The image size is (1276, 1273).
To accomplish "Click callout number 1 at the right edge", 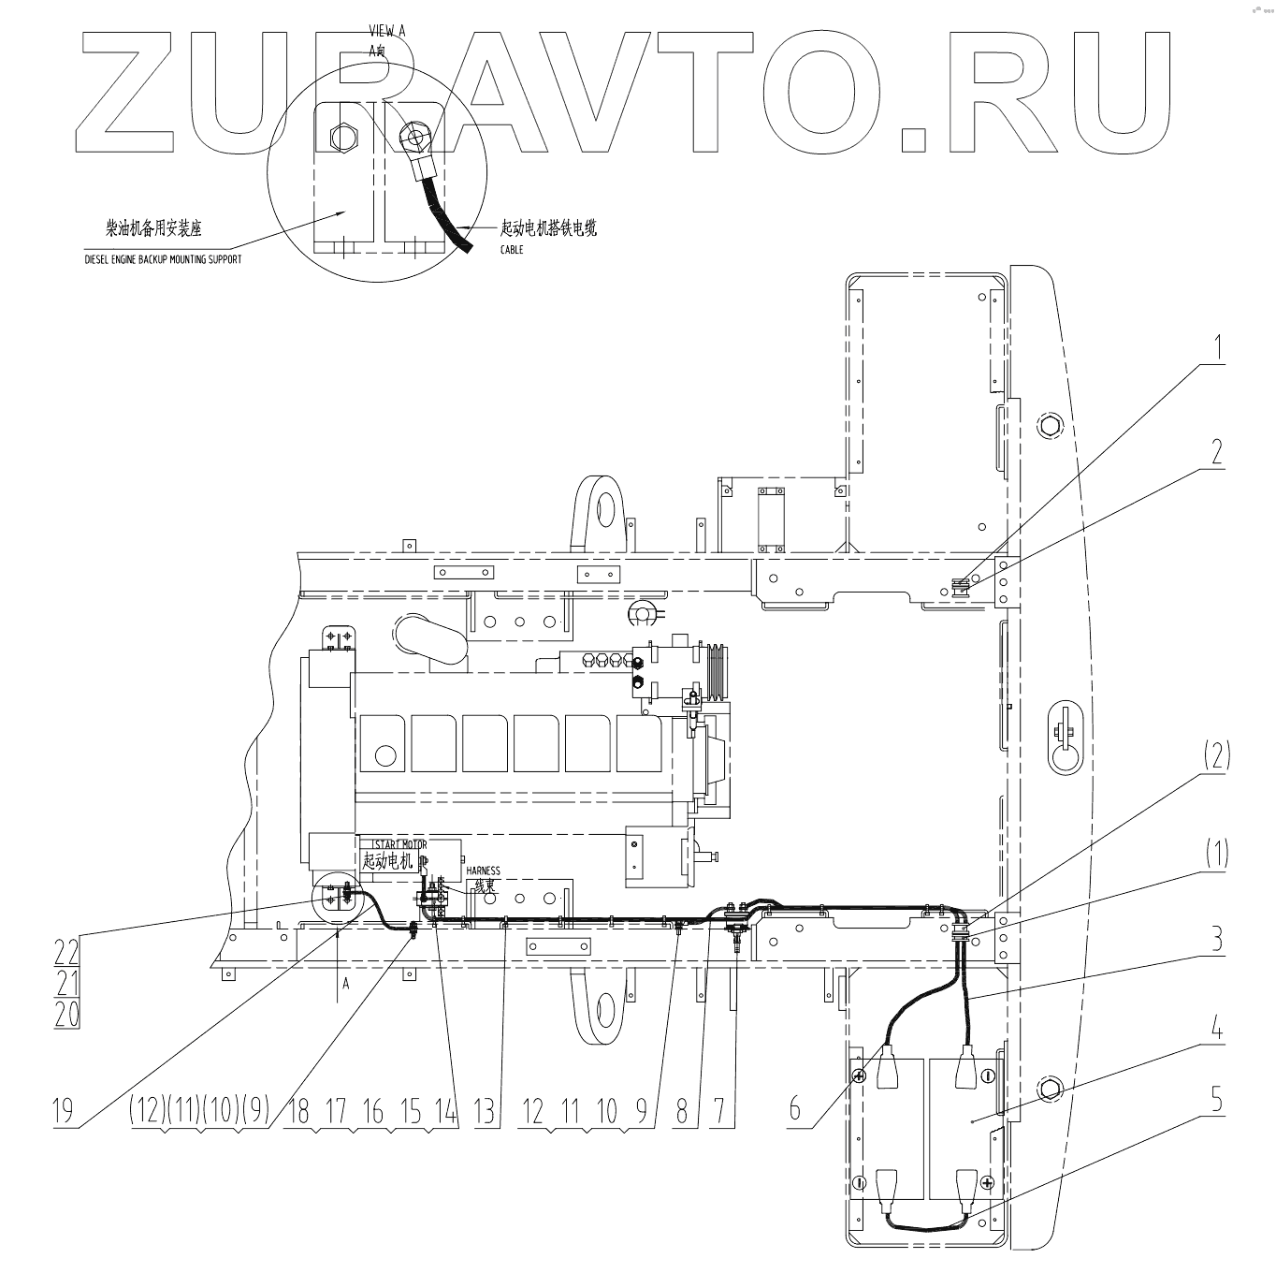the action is (1217, 348).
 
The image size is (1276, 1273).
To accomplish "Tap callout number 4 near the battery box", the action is (1216, 1032).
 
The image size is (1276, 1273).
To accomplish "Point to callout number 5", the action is (1216, 1101).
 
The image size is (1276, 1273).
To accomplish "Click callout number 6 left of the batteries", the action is (794, 1108).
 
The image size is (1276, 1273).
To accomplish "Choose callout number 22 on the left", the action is (66, 952).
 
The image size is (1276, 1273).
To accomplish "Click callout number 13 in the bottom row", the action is (484, 1111).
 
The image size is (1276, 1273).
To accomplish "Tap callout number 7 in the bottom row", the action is (718, 1111).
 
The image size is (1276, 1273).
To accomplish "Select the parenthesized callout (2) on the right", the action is (1216, 755).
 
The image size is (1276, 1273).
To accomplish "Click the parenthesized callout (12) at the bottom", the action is (147, 1111).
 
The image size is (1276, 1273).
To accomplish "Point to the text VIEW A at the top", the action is (387, 30).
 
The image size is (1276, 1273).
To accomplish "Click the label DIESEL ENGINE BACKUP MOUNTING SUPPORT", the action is (162, 259).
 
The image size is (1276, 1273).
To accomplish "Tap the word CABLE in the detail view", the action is (512, 250).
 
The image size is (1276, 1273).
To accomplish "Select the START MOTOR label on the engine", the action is (393, 845).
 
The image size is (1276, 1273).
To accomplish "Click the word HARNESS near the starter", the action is (483, 871).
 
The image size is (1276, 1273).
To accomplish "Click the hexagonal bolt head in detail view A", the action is (343, 139).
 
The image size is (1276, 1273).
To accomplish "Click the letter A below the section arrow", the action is (345, 984).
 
